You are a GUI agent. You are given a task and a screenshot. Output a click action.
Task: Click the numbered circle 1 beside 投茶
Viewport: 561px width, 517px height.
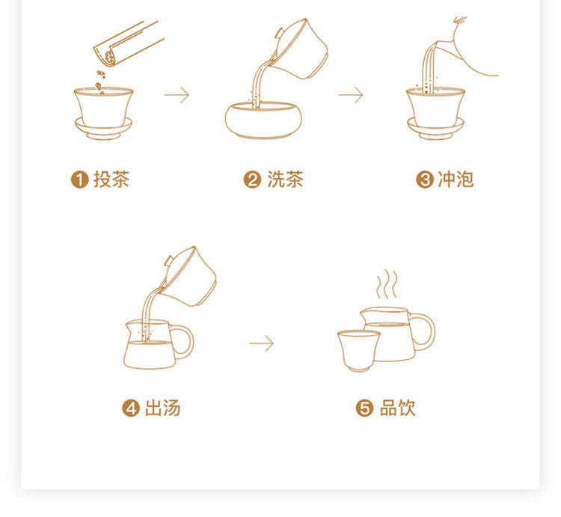80,180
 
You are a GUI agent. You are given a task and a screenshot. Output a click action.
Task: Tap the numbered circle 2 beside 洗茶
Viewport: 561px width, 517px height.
253,180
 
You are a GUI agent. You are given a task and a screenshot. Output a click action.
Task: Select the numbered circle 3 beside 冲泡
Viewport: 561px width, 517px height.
425,180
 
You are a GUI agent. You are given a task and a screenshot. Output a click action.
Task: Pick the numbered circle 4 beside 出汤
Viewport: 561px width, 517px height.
131,409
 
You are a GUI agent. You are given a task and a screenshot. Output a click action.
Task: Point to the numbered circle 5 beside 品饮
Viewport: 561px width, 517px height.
364,409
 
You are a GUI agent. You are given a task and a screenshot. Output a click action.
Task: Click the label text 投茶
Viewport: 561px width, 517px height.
111,180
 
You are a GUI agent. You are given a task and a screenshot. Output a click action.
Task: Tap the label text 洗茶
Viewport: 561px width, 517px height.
285,180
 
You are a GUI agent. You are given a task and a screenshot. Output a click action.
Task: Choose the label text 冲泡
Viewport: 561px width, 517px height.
456,180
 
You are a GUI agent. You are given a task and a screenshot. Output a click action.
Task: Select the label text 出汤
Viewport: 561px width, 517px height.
162,409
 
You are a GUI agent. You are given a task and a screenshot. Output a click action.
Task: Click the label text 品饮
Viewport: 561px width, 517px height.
397,409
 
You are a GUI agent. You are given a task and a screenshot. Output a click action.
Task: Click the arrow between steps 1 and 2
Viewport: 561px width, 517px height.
177,95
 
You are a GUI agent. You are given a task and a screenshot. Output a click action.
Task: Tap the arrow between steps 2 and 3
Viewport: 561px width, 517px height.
351,95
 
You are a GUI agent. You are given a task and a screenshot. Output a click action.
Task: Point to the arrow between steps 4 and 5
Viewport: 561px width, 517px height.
261,343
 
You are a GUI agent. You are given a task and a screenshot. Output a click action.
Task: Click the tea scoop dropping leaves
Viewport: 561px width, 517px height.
127,43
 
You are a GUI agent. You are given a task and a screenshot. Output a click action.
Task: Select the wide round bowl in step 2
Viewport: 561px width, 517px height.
263,120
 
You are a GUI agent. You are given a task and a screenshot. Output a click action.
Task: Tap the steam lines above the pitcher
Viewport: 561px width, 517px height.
387,284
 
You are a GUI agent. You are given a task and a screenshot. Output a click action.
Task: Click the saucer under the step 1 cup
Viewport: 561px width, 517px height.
103,129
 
